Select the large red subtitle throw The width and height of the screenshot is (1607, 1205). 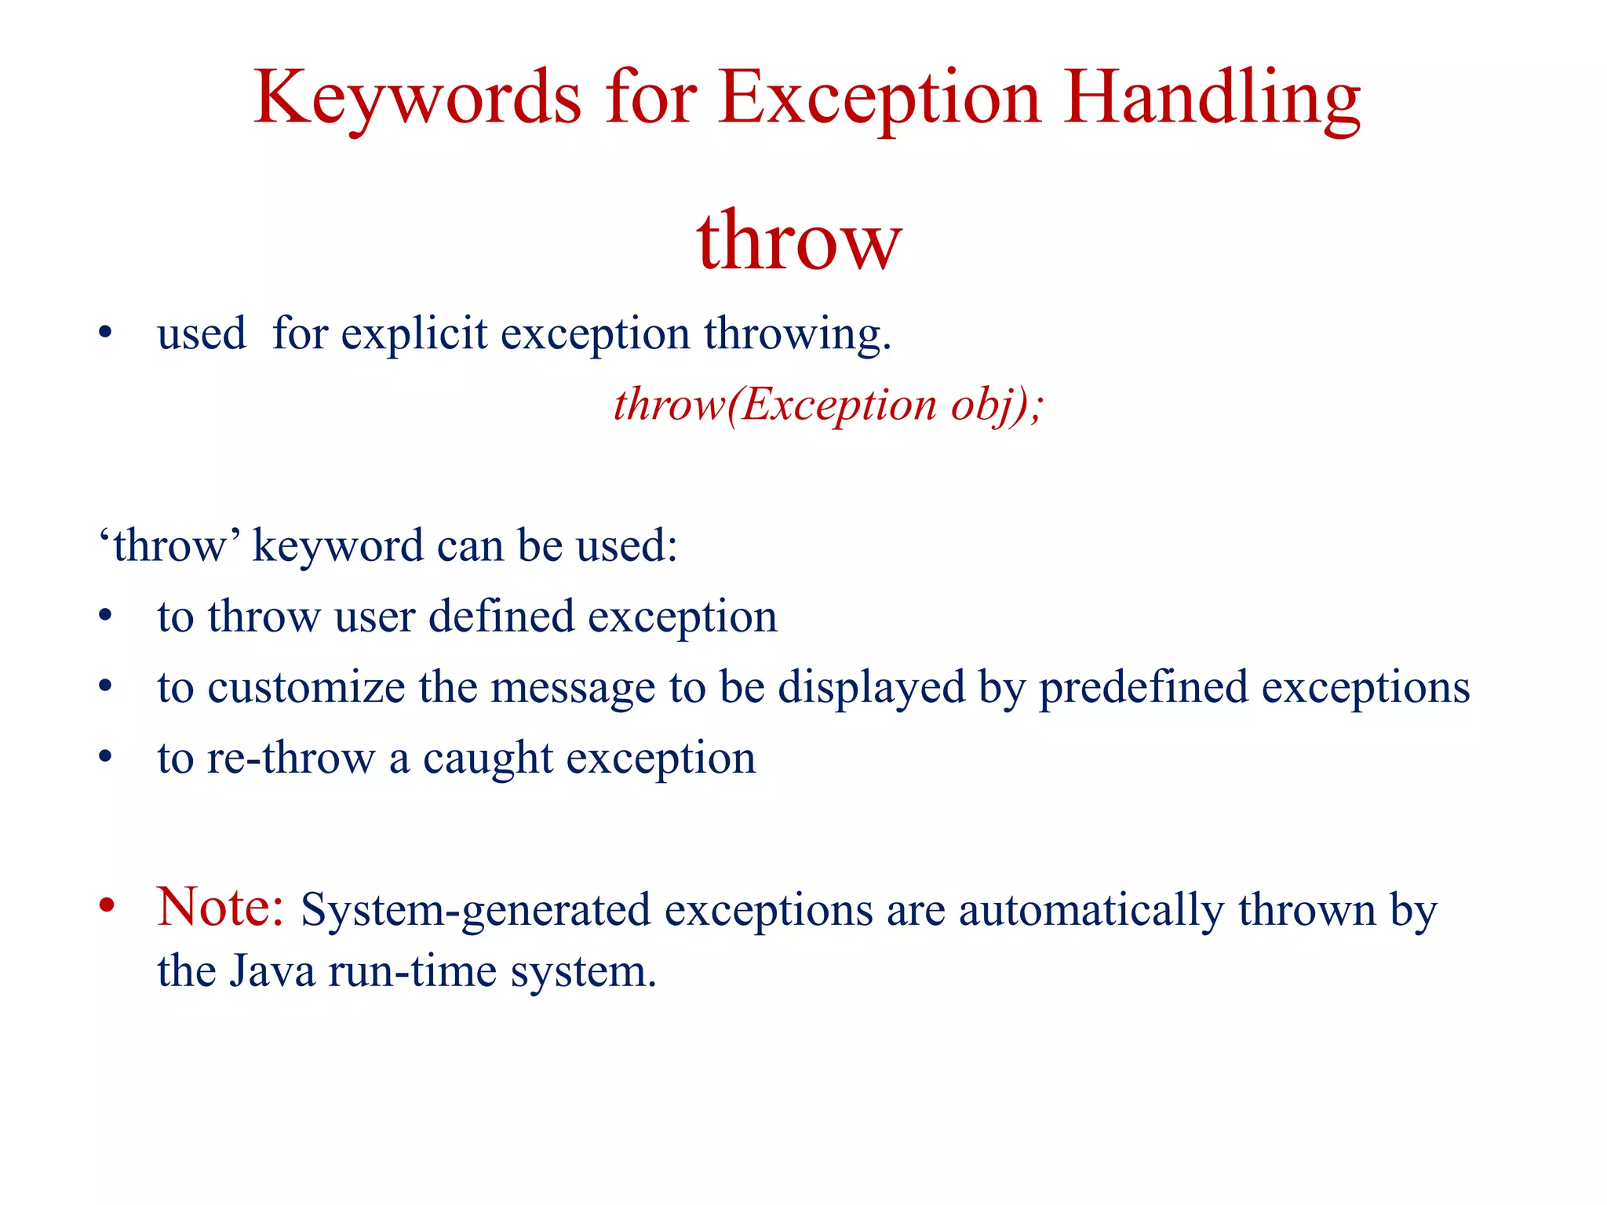pos(799,241)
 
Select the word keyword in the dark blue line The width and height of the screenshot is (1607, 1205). pos(338,547)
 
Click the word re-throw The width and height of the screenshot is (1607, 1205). pos(291,759)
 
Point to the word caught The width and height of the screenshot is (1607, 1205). pos(488,759)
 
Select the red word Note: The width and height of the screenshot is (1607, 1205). pos(220,908)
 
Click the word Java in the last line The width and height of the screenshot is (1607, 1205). pos(272,971)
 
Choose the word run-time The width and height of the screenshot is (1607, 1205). pos(413,971)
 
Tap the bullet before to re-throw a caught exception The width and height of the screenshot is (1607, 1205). pos(106,758)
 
